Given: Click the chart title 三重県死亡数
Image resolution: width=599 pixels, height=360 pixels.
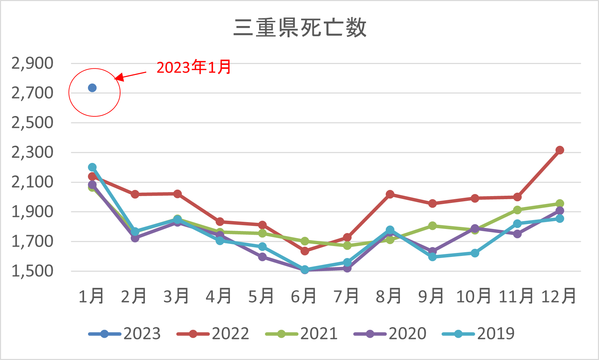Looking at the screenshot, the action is [300, 27].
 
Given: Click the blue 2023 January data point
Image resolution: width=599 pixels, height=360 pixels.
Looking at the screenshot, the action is [92, 88].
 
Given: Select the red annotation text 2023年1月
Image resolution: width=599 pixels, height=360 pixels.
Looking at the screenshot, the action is [194, 67].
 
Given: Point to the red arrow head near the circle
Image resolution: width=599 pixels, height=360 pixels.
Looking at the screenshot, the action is [118, 77].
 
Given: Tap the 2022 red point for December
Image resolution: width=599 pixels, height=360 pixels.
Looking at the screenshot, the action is [560, 150].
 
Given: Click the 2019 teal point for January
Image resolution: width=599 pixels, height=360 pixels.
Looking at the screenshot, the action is [92, 167].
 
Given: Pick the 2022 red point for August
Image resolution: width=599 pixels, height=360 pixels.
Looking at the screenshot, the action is [390, 194].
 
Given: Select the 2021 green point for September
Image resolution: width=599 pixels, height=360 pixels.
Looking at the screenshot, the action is [432, 226].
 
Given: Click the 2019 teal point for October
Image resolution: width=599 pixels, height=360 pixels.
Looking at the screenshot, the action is [475, 253].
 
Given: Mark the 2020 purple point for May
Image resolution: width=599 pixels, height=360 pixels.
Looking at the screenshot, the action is [262, 257].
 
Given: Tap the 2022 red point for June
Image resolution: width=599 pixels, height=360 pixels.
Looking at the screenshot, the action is [305, 251].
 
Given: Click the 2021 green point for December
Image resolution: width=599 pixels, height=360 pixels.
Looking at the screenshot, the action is [560, 204].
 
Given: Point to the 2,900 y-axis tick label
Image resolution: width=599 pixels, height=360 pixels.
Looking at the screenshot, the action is [33, 64].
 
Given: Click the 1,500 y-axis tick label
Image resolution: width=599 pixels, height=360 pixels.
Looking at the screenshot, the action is [33, 271].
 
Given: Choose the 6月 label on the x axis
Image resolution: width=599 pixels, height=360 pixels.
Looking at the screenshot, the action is [304, 296].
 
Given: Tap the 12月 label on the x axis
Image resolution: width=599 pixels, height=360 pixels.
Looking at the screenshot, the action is [559, 296].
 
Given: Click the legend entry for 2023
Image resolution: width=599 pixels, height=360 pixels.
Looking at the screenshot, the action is [125, 334].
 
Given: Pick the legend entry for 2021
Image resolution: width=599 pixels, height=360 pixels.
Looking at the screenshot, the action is [302, 334].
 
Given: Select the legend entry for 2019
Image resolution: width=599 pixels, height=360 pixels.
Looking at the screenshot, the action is [478, 334].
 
